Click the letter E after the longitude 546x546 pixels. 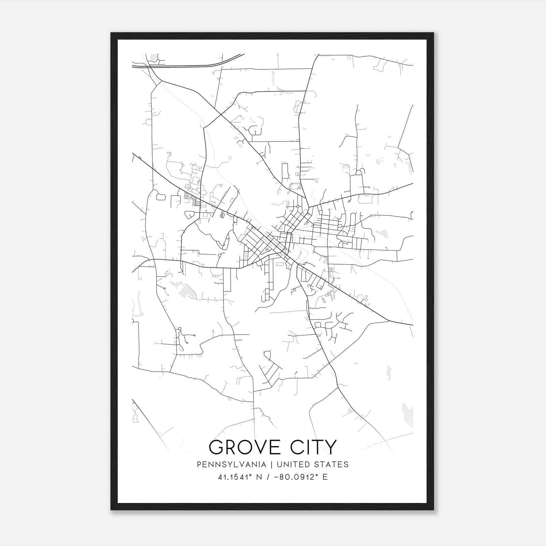click(x=325, y=477)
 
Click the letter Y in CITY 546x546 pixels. click(x=331, y=447)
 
